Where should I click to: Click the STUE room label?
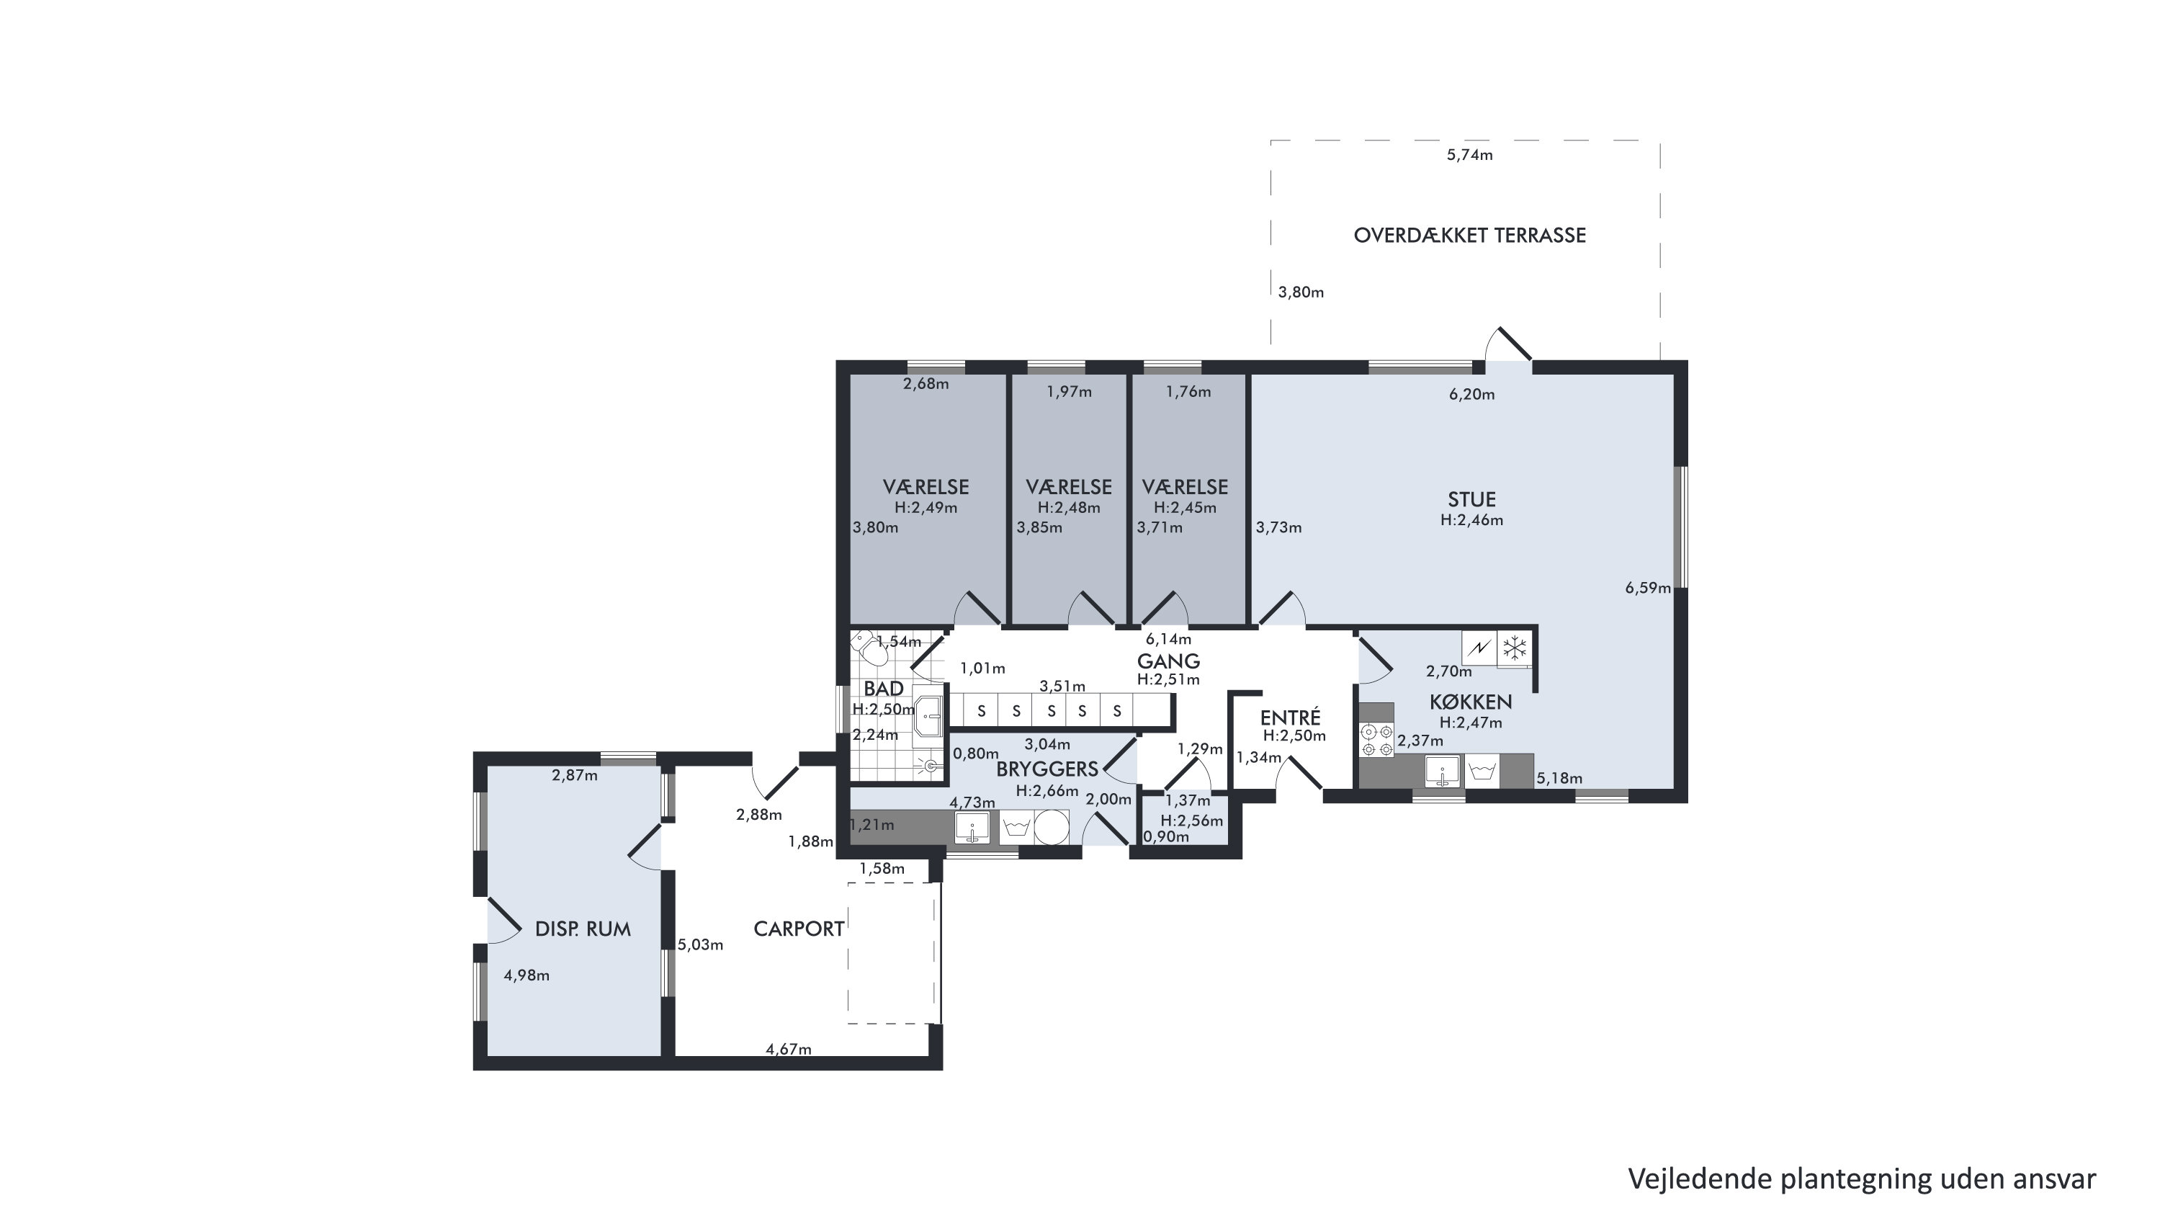click(x=1471, y=499)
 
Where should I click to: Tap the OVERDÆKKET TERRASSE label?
click(x=1470, y=236)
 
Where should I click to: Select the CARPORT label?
click(x=798, y=929)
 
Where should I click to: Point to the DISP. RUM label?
click(x=583, y=929)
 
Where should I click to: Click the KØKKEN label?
click(x=1471, y=701)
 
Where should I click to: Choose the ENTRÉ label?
click(x=1291, y=718)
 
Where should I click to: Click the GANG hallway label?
click(x=1168, y=661)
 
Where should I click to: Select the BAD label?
click(x=884, y=689)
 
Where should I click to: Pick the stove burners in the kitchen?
click(x=1375, y=741)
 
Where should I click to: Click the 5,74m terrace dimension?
click(x=1470, y=155)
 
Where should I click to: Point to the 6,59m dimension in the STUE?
click(x=1648, y=588)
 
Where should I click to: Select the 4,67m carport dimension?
click(x=788, y=1049)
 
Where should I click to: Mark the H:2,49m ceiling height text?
click(x=926, y=507)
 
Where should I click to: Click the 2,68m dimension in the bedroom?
click(x=926, y=384)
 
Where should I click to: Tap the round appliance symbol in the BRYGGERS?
click(x=1051, y=827)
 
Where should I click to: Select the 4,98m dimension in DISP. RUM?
click(x=526, y=975)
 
